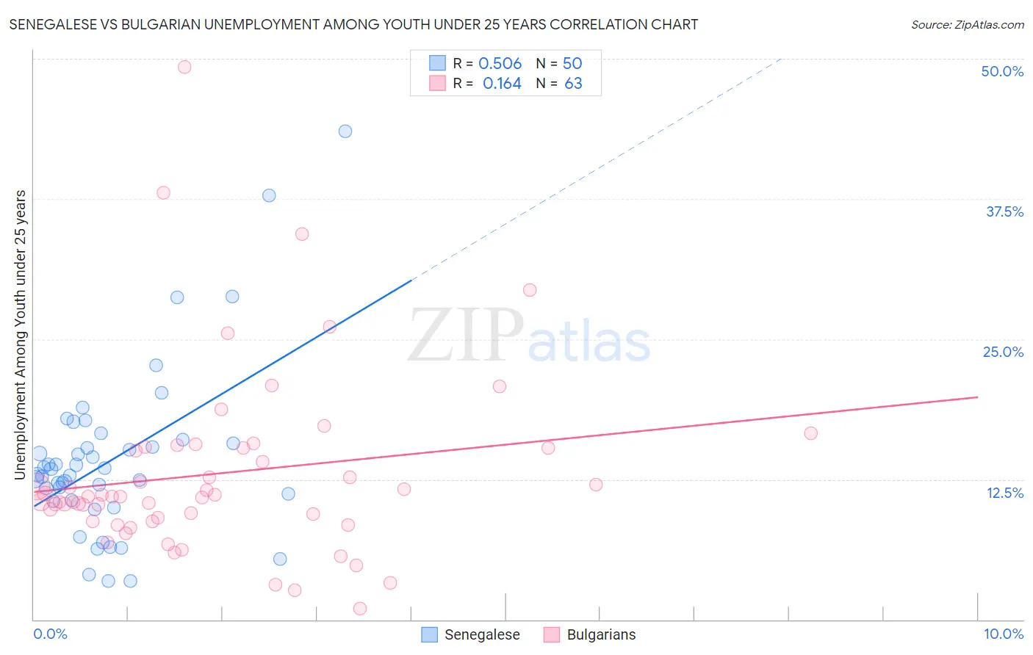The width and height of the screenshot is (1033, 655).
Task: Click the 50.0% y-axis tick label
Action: tap(1002, 71)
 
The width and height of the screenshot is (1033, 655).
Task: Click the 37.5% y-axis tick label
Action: tap(1004, 211)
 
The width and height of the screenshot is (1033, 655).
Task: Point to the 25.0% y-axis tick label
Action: tap(1003, 352)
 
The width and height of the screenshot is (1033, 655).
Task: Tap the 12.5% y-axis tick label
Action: tap(1004, 493)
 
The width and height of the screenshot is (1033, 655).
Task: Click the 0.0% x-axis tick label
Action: tap(50, 634)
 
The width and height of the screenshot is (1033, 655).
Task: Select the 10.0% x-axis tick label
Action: tap(1003, 634)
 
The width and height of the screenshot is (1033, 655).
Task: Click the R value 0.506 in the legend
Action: tap(500, 63)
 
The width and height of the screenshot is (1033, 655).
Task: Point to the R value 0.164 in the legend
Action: tap(502, 84)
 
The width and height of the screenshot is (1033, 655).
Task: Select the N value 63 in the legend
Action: tap(573, 84)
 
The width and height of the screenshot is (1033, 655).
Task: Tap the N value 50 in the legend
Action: tap(572, 63)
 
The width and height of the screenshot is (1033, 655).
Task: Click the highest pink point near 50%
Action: tap(184, 67)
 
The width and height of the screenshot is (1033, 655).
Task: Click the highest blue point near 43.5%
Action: tap(345, 131)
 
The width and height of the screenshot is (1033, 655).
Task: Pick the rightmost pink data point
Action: tap(811, 433)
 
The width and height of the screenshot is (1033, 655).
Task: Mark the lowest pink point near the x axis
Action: tap(360, 608)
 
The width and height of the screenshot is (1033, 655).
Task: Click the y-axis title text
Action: tap(20, 335)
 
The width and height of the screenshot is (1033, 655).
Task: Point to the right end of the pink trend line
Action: tap(978, 397)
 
